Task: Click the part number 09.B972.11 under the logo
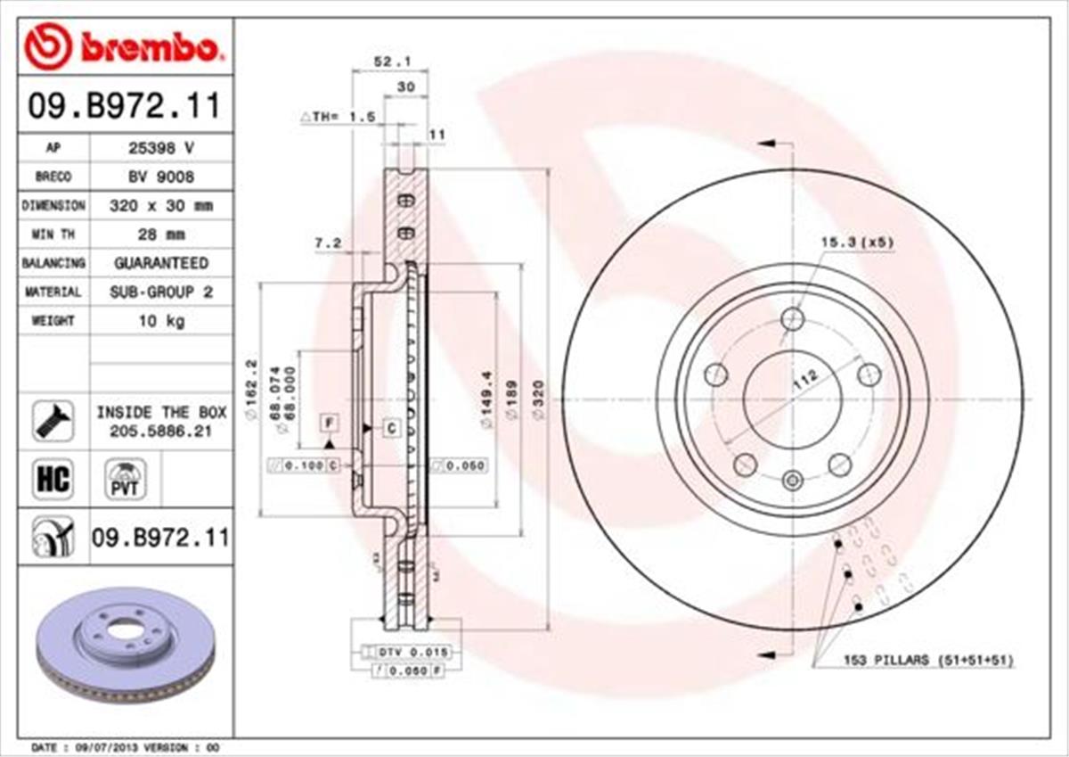coord(124,107)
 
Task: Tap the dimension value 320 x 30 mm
coord(160,205)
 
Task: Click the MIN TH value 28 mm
coord(160,235)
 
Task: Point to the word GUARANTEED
coord(160,263)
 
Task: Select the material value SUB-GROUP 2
coord(160,292)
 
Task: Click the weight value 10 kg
coord(160,321)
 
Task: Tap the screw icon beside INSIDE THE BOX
coord(53,419)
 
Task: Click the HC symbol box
coord(53,480)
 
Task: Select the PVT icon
coord(125,480)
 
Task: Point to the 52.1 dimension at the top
coord(389,62)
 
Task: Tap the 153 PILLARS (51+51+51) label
coord(927,660)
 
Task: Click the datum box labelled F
coord(330,422)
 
